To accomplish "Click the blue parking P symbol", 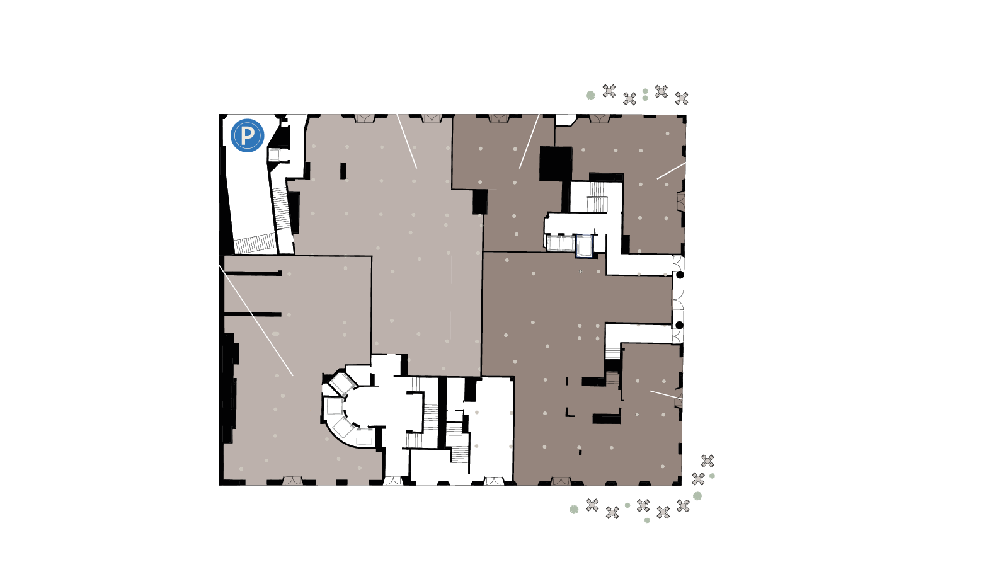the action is (247, 135).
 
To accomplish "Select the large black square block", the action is (556, 164).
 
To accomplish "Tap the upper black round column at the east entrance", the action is (680, 275).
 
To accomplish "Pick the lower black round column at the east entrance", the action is (680, 325).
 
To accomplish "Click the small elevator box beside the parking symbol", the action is (274, 155).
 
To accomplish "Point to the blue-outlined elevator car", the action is (584, 246).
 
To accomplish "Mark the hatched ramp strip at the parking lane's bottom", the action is (255, 243).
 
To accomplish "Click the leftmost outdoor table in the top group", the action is (609, 91).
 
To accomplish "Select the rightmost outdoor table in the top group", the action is (682, 98).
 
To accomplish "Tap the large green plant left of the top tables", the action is (590, 95).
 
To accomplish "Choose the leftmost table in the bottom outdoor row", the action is (592, 505).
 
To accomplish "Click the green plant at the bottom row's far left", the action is (574, 510).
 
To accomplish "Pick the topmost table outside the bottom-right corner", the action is (707, 461).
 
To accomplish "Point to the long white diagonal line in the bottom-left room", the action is (256, 320).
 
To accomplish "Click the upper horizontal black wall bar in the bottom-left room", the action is (253, 273).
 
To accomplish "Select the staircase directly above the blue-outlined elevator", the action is (597, 197).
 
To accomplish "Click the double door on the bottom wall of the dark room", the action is (561, 481).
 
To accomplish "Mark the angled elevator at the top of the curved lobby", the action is (343, 384).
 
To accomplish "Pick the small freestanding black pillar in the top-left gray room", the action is (343, 171).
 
